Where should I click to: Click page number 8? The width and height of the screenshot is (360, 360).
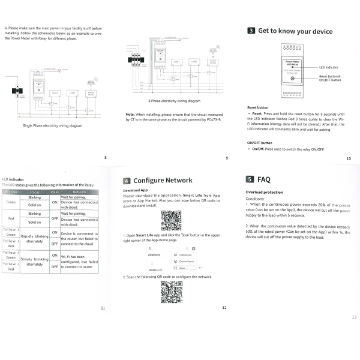(x=106, y=157)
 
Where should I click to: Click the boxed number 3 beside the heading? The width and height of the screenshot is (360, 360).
(x=251, y=31)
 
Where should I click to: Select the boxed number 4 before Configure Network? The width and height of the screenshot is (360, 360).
(x=127, y=180)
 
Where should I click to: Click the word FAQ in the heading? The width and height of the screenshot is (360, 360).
(x=263, y=179)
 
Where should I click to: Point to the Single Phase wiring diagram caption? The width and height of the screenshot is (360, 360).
(x=52, y=126)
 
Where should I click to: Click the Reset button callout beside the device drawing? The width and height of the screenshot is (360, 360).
(x=329, y=78)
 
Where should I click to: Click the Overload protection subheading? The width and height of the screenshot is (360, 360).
(x=263, y=192)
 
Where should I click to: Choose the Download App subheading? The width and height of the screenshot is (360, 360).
(x=136, y=191)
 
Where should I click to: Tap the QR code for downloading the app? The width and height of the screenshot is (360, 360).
(x=170, y=220)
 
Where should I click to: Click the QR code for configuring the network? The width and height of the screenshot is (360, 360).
(x=170, y=292)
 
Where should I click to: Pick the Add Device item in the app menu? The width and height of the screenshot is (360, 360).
(x=185, y=255)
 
